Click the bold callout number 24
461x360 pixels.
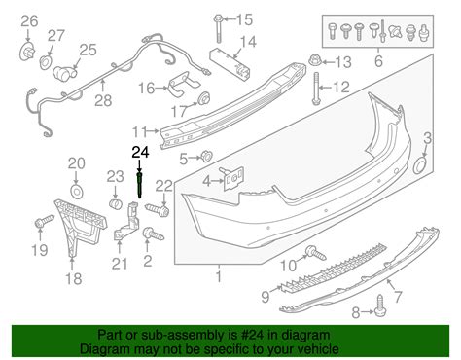click(x=140, y=152)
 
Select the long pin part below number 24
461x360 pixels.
click(x=139, y=185)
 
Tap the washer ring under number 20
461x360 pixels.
click(x=77, y=192)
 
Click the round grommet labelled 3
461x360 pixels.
click(x=421, y=166)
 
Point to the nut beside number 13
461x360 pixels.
click(x=314, y=60)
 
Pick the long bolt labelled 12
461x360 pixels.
click(x=316, y=89)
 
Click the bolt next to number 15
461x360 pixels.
click(x=218, y=28)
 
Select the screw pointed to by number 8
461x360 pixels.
click(x=380, y=306)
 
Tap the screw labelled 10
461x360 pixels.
click(x=315, y=253)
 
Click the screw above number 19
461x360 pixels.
click(x=44, y=221)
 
